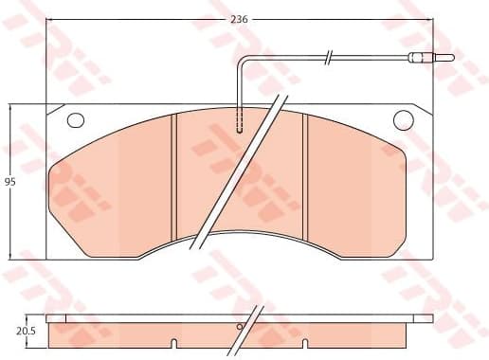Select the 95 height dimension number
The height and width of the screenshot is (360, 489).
click(9, 183)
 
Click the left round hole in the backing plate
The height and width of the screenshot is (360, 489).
click(77, 120)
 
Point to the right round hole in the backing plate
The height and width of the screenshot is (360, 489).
click(403, 119)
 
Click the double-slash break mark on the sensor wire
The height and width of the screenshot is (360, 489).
click(328, 59)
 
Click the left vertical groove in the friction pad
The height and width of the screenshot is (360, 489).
click(174, 180)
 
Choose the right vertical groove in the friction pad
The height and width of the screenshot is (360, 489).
click(305, 180)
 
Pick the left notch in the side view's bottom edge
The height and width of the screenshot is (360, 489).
click(174, 341)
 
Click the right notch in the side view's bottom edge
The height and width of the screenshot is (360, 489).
click(305, 341)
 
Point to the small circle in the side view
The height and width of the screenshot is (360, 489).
click(240, 327)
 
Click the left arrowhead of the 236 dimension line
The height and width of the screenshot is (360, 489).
click(49, 18)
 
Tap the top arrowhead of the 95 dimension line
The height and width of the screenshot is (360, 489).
click(9, 108)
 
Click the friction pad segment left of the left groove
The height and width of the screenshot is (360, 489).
click(114, 189)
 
